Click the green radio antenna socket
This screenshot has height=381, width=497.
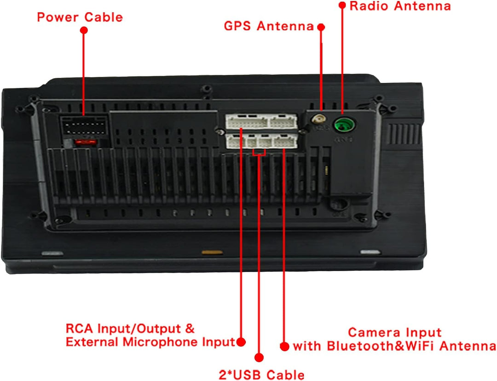pos(344,124)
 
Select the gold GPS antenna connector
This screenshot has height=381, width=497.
pos(318,120)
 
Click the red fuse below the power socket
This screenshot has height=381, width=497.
pos(86,142)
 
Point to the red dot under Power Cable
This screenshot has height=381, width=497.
pos(84,30)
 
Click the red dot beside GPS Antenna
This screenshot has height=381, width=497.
pos(321,27)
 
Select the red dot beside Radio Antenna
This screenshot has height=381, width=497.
pos(342,5)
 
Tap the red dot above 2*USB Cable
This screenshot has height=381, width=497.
pos(259,358)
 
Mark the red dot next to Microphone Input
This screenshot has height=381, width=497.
pos(241,342)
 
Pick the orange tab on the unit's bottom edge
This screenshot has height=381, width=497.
pos(212,252)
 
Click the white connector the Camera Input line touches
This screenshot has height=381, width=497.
pos(285,141)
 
